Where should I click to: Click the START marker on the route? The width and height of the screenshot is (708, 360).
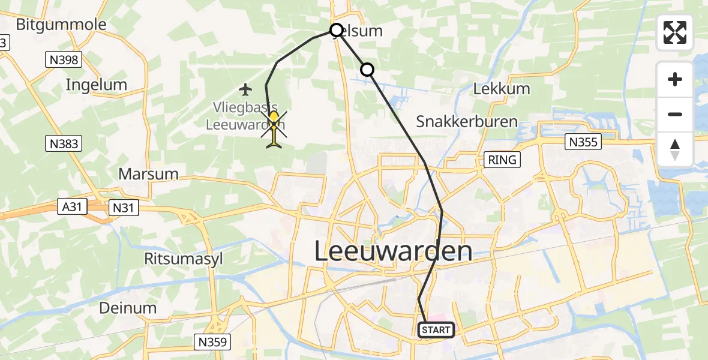pos(436,330)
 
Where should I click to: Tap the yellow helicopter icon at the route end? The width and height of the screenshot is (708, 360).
pos(274,127)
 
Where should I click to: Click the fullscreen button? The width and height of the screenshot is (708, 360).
pos(675,32)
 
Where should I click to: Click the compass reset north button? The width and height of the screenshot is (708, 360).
pos(675,149)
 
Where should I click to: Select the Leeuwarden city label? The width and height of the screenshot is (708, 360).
pos(393,251)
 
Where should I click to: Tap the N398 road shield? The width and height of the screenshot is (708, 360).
pos(63,59)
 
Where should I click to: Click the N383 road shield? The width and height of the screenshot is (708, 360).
pos(63,143)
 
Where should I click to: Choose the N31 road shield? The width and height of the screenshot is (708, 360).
pos(124,208)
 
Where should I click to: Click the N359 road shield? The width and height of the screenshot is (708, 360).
pos(214,343)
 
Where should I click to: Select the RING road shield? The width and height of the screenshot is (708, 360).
pos(502,160)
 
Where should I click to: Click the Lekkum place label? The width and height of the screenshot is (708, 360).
pos(502,89)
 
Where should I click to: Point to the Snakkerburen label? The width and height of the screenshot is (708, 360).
pos(467,122)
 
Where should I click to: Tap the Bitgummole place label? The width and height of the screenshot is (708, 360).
pos(61,25)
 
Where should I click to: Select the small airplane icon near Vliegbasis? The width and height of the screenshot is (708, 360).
pos(244,90)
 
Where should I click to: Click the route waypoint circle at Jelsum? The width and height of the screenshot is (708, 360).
pos(337,30)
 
